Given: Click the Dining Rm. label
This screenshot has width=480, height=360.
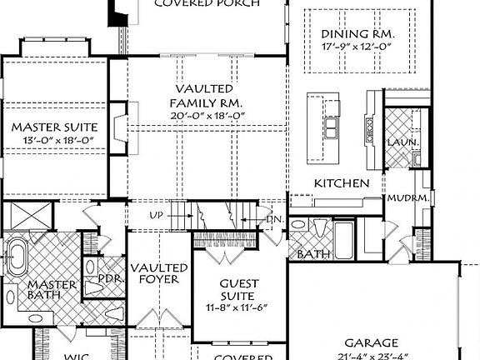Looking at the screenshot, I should [x=357, y=34].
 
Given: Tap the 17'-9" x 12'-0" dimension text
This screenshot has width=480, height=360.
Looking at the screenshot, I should [x=357, y=48].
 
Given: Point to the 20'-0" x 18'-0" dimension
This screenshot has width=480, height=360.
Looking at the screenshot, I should [x=203, y=115].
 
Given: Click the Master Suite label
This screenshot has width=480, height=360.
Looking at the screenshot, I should [x=54, y=127].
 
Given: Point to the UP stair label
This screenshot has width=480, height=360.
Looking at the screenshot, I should [x=156, y=215].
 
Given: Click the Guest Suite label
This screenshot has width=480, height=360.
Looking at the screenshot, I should [x=237, y=288].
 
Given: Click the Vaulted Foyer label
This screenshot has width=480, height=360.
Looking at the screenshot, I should [x=160, y=273].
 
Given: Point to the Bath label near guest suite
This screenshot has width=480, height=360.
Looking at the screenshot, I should [x=314, y=254].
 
